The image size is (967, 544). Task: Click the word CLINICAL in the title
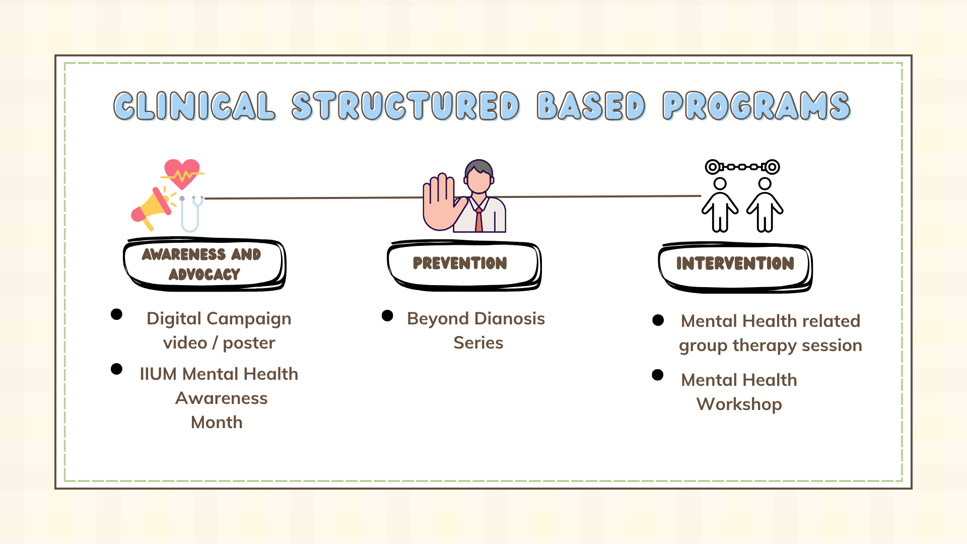(194, 106)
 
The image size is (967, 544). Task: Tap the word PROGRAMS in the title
(756, 106)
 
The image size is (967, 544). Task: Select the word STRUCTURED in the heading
(405, 106)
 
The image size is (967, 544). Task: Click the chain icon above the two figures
(742, 167)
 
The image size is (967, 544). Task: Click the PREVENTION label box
(464, 265)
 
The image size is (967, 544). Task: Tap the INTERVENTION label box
(735, 267)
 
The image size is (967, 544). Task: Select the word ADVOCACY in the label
(204, 275)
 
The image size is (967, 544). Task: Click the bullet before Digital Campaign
(116, 314)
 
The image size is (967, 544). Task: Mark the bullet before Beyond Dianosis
(387, 315)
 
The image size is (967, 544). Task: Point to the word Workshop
(739, 404)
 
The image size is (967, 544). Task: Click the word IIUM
(158, 374)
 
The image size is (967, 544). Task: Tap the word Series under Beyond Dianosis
(478, 343)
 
